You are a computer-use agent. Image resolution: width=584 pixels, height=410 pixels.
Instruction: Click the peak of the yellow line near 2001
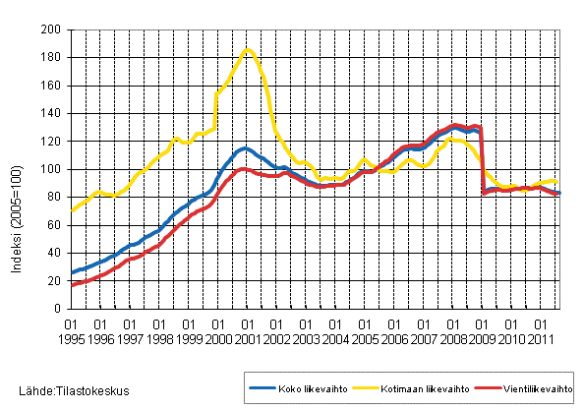247,49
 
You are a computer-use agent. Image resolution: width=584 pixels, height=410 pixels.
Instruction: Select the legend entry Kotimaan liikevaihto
404,388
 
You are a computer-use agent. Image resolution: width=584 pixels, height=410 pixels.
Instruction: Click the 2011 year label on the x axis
540,337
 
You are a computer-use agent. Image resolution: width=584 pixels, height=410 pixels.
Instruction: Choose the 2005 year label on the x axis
365,337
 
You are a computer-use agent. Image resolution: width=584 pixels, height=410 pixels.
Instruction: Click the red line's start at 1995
72,285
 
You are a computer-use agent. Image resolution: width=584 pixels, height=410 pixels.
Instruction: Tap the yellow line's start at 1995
72,210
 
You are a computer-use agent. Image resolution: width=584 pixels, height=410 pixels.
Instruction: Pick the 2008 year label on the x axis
452,337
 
